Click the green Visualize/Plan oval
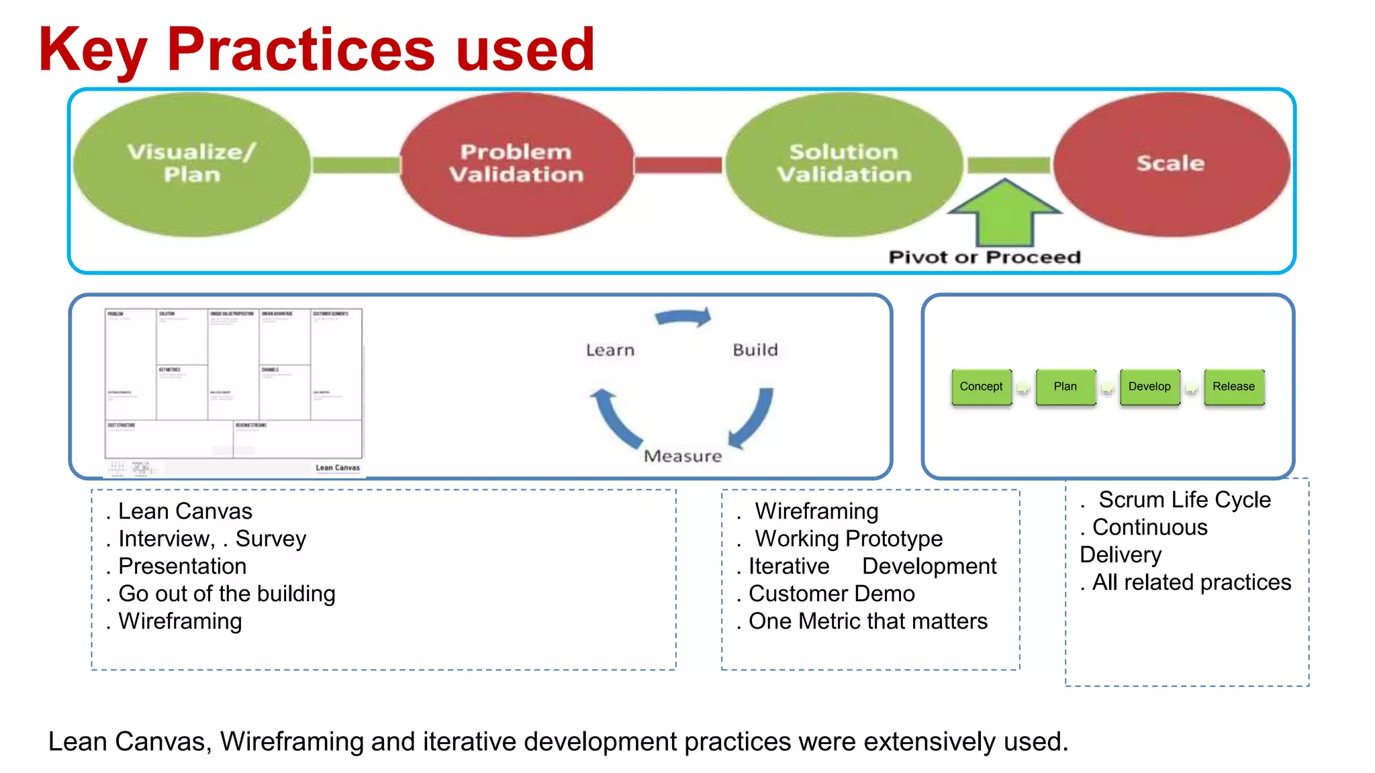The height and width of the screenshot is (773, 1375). click(191, 164)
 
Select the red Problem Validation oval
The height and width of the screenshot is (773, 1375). click(516, 164)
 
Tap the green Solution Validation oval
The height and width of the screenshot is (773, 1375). click(844, 164)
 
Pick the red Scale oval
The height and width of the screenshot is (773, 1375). click(1170, 164)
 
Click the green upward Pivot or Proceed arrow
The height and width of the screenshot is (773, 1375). click(1004, 215)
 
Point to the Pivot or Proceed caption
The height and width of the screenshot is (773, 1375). click(984, 257)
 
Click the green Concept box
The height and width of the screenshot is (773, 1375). click(981, 386)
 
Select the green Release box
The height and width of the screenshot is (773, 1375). click(1233, 386)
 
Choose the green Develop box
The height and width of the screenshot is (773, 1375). click(1149, 386)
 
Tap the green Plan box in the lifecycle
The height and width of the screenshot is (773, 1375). click(1065, 386)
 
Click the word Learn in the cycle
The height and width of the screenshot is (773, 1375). click(610, 350)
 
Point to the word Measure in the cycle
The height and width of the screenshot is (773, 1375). click(683, 456)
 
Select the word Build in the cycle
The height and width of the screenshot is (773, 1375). click(755, 350)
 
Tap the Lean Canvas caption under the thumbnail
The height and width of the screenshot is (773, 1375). click(338, 468)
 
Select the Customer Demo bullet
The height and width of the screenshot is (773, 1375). click(831, 594)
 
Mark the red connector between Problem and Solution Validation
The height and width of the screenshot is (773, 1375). click(678, 165)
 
